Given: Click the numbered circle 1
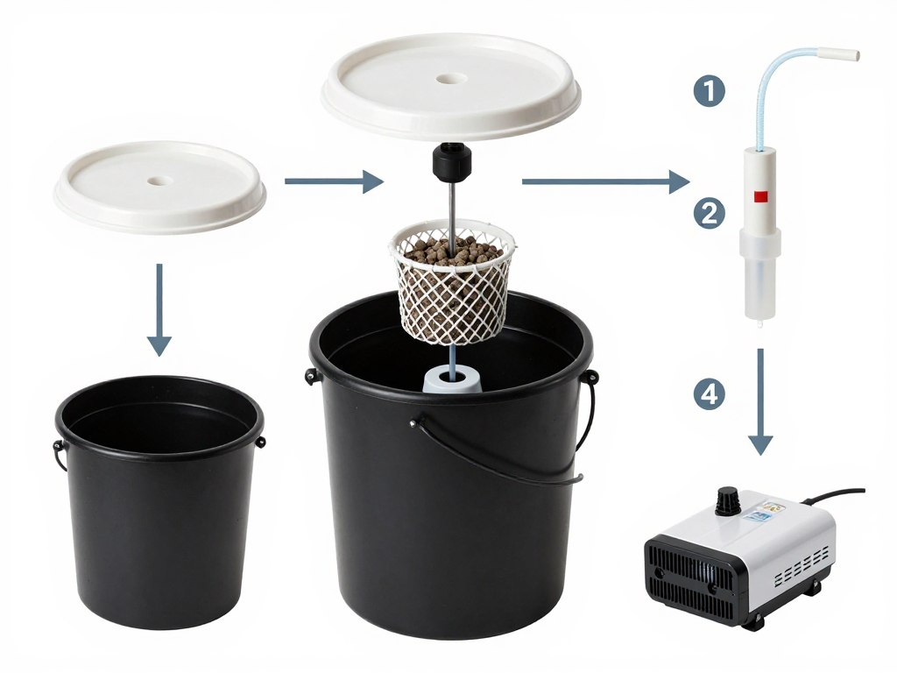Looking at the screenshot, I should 709,91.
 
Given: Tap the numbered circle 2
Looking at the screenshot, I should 709,212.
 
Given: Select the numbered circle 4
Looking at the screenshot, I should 709,394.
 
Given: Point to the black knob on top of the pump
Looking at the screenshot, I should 726,500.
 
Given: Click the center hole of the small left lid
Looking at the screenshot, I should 160,181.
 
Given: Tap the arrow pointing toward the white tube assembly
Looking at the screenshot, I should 605,182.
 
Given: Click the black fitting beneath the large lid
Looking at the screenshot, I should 452,160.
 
